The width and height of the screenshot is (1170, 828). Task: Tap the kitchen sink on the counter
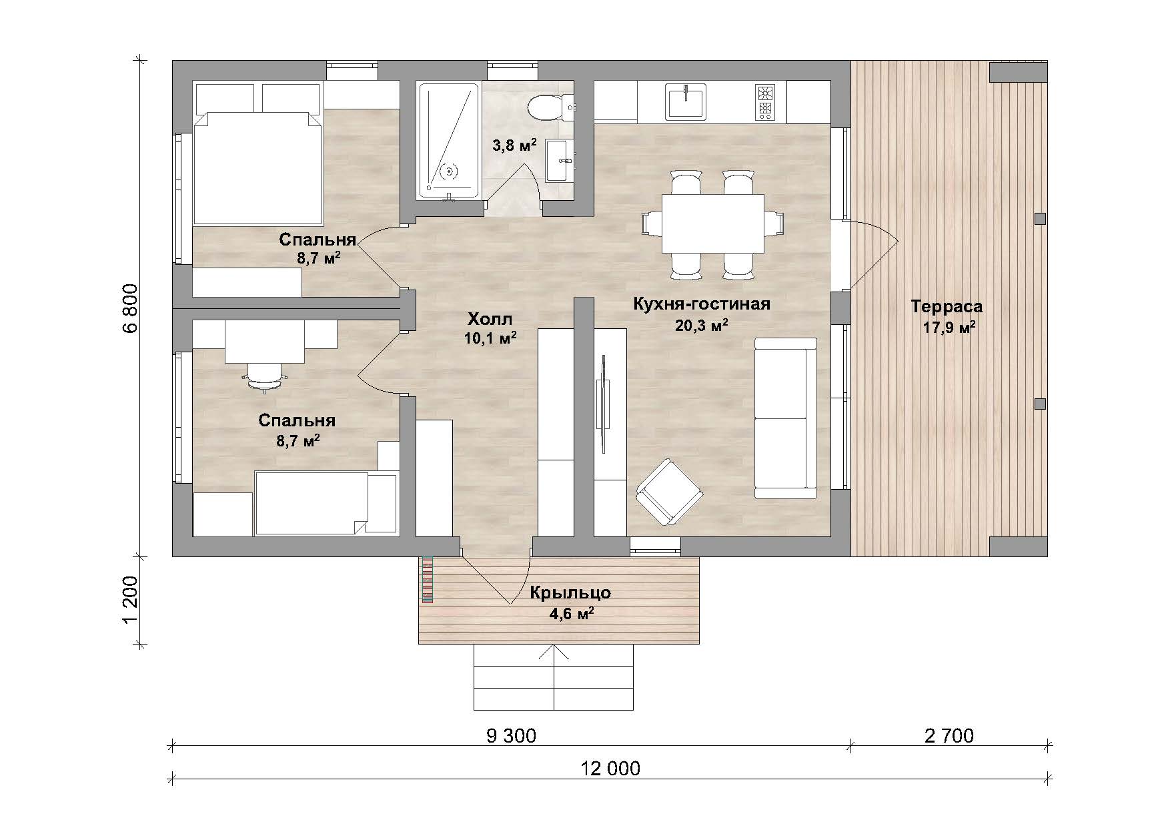tap(686, 101)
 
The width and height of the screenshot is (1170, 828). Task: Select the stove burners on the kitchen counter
tap(764, 101)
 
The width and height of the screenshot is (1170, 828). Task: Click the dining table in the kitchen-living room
tap(712, 224)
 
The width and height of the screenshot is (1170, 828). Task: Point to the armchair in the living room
tap(669, 492)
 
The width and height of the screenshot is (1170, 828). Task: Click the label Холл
tap(490, 318)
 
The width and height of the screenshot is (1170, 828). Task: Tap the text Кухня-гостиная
tap(701, 304)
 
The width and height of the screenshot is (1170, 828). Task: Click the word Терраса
tap(947, 307)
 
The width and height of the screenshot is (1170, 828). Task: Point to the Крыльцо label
tap(570, 592)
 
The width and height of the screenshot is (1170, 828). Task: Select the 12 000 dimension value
tap(610, 769)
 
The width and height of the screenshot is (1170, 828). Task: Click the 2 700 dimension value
tap(949, 736)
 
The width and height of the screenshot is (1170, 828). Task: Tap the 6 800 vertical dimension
tap(130, 308)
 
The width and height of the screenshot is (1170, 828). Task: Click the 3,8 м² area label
tap(515, 146)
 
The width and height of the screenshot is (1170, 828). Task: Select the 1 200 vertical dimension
tap(130, 600)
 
